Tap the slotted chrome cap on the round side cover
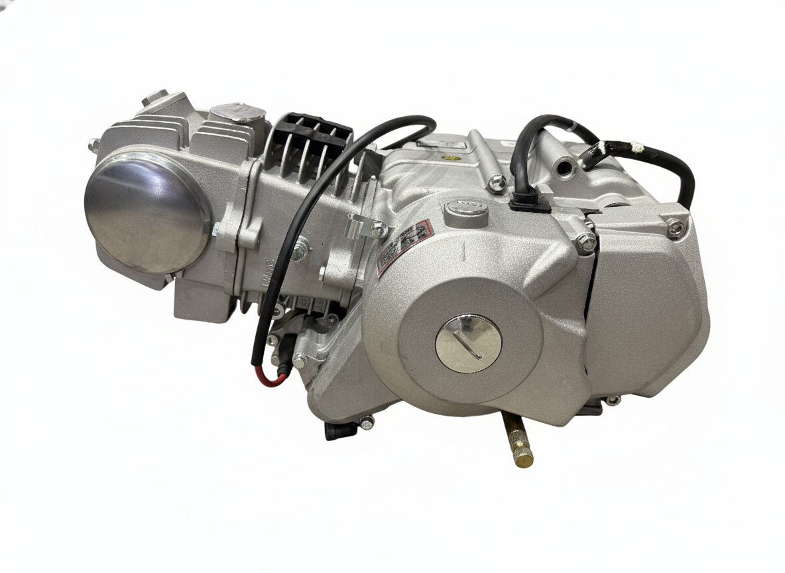[468, 344]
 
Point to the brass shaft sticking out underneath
[517, 441]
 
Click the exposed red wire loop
[271, 377]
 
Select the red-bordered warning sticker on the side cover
[404, 247]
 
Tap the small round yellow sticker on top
[452, 159]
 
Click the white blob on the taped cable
[636, 145]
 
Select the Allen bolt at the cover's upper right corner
[674, 227]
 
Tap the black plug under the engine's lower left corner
[334, 430]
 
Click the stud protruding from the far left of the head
[93, 143]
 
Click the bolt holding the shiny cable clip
[379, 229]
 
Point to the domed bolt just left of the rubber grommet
[495, 182]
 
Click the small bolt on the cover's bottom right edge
[612, 400]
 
